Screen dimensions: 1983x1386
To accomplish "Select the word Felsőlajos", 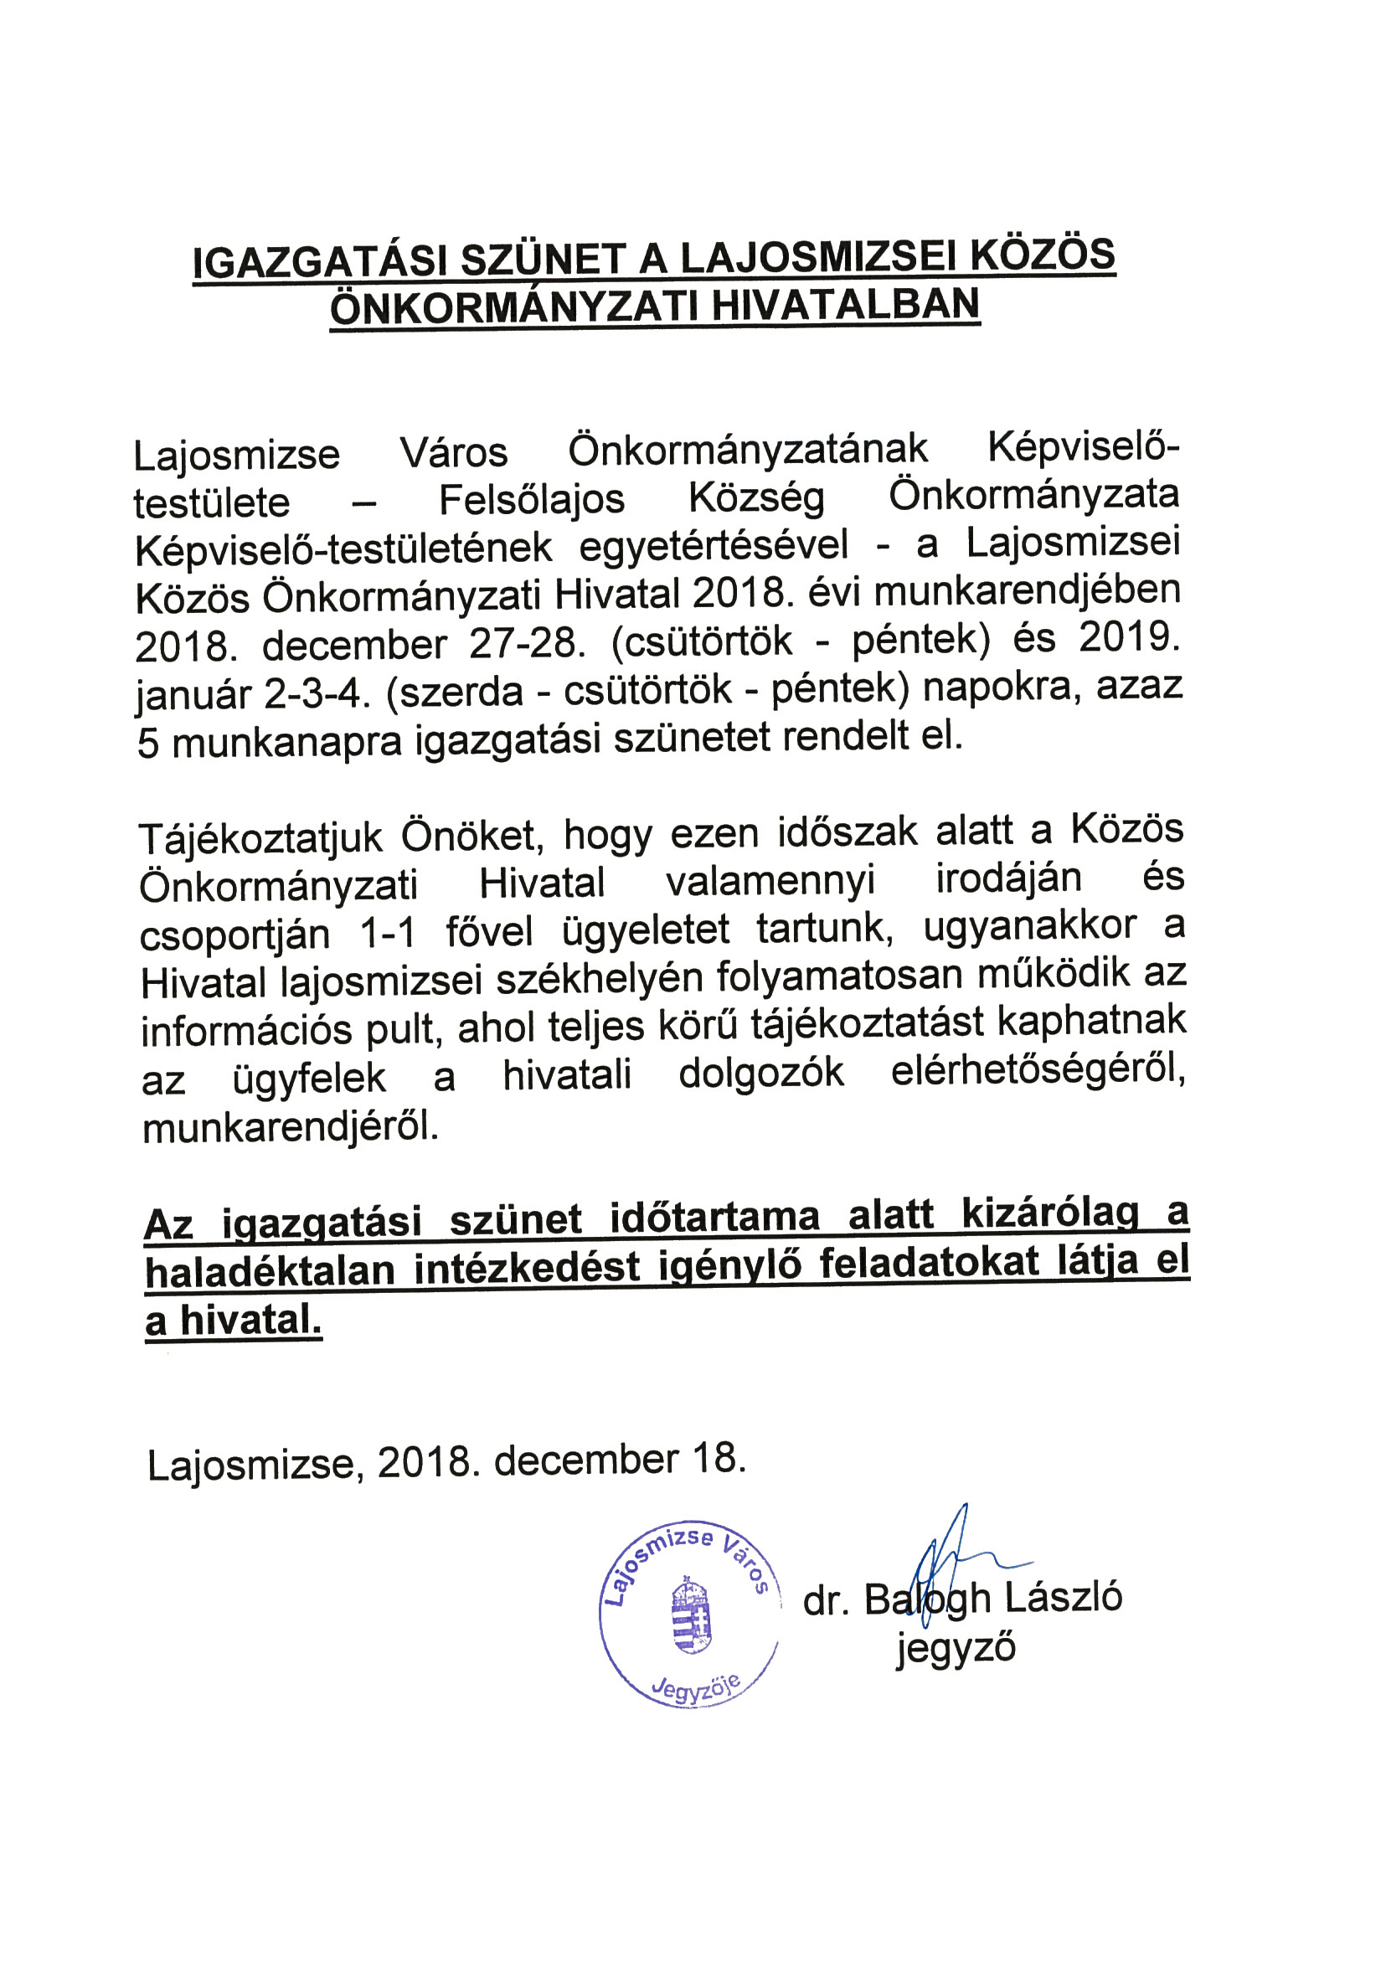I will (531, 500).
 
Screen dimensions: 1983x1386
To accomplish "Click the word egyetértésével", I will (714, 547).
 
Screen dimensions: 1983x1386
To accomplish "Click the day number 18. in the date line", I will (718, 1460).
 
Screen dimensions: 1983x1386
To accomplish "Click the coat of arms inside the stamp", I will (691, 1616).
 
